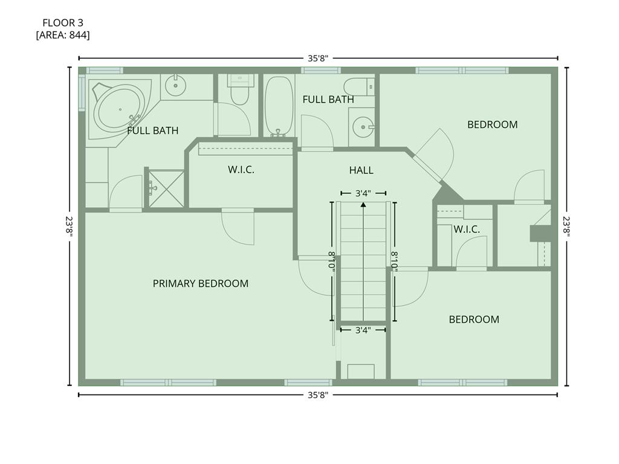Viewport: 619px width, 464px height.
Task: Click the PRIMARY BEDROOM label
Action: pos(200,283)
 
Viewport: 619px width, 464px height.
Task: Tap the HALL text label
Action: pos(361,170)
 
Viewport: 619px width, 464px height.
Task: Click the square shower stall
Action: pos(166,188)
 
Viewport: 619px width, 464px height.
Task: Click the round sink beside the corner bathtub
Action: pos(176,85)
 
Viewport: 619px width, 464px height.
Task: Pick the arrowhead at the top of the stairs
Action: pos(363,205)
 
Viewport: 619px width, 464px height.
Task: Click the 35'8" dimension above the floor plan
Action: pos(317,59)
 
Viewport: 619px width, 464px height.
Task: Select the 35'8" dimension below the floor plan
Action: pos(317,395)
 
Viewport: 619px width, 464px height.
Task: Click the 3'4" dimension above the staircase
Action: pos(363,193)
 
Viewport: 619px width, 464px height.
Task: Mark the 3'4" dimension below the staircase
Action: pos(363,330)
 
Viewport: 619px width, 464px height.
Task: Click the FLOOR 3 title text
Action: pos(63,23)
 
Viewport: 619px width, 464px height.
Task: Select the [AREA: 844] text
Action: pos(63,35)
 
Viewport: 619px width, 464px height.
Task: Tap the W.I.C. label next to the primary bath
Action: pos(241,170)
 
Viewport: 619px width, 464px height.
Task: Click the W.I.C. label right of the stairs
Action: pos(466,230)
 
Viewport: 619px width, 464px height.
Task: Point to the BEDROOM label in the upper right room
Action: pos(492,124)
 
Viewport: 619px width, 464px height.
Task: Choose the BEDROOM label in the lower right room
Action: pos(474,320)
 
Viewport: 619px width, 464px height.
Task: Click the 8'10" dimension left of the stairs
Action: pos(331,261)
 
